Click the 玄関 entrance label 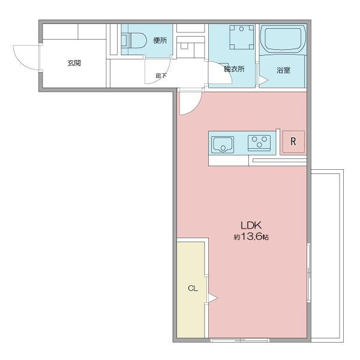tap(74, 63)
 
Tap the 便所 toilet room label tap(160, 41)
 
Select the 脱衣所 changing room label tap(234, 69)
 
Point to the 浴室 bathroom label tap(284, 70)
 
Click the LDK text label tap(251, 226)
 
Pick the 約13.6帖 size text tap(251, 237)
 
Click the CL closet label tap(193, 288)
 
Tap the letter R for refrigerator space tap(293, 142)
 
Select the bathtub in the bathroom tap(283, 39)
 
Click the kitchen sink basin tap(223, 145)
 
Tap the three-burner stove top tap(259, 143)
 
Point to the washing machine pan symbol tap(242, 37)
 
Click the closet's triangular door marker tap(213, 298)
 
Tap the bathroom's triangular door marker tap(264, 80)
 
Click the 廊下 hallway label tap(161, 76)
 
